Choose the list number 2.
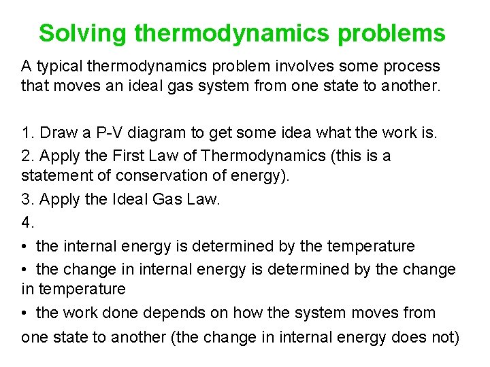coord(27,156)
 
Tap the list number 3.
coord(27,200)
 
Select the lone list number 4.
coord(27,222)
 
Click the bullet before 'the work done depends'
coord(25,313)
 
